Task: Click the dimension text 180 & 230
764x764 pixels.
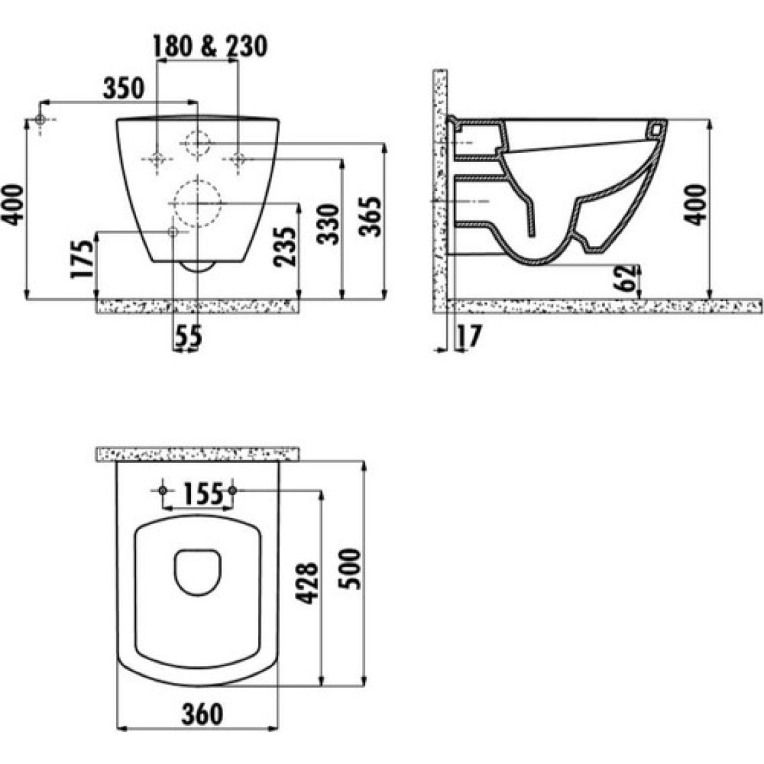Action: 210,46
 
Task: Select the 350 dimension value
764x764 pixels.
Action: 124,88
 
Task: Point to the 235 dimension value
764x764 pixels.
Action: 285,247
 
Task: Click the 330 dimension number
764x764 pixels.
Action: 328,224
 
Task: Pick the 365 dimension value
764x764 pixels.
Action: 371,216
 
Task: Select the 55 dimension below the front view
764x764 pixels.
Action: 188,336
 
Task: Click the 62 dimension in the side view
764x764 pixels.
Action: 626,277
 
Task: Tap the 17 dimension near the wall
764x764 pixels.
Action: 469,336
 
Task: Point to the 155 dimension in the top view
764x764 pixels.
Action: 203,493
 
